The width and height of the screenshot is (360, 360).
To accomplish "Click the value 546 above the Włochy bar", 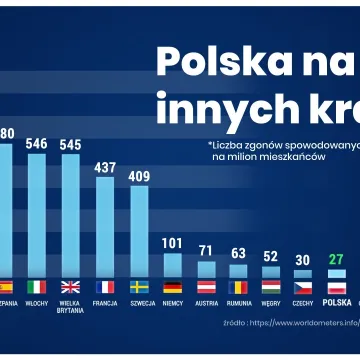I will click(36, 144).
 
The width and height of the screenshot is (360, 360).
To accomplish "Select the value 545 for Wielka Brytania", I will click(70, 144).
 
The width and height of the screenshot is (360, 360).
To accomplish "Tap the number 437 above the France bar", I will click(104, 167).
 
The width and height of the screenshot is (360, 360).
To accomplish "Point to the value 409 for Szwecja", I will click(138, 177).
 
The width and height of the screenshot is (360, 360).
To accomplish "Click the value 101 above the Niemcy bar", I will click(172, 243).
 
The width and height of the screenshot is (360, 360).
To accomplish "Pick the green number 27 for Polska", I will click(336, 260).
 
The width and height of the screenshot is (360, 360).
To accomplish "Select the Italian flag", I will click(36, 286).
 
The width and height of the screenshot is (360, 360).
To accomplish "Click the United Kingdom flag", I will click(70, 286).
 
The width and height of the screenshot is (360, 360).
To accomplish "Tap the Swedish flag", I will click(138, 286).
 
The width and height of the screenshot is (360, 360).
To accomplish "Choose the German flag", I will click(172, 286).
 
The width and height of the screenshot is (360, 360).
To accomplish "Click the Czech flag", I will click(303, 286).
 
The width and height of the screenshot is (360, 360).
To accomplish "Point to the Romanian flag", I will click(238, 286).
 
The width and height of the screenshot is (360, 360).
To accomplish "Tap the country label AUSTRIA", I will click(205, 302).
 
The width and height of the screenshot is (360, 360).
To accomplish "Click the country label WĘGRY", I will click(270, 302).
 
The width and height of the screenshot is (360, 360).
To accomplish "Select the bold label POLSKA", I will click(336, 302).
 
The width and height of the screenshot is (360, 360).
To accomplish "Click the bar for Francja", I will click(104, 230).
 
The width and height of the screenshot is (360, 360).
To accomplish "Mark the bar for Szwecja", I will click(138, 235).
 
